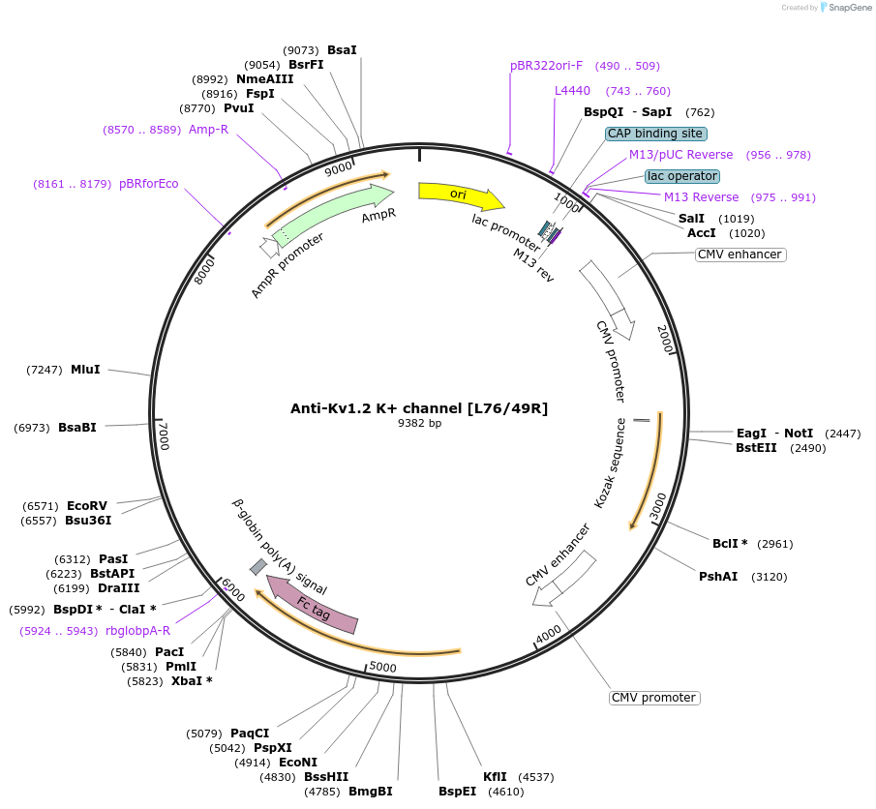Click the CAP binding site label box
[x=656, y=134]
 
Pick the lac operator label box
[x=682, y=176]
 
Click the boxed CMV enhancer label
[x=740, y=255]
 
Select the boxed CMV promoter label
[x=654, y=698]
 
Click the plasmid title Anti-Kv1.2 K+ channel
[x=419, y=408]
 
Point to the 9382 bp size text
[x=419, y=424]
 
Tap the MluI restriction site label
[x=85, y=370]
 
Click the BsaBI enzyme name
[x=77, y=427]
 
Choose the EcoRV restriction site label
[x=87, y=505]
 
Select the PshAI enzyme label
[x=718, y=577]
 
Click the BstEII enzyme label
[x=756, y=448]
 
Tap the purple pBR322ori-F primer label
[x=547, y=66]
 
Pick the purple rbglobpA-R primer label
[x=138, y=631]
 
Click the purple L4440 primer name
[x=572, y=91]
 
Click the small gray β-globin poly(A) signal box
[x=258, y=567]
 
